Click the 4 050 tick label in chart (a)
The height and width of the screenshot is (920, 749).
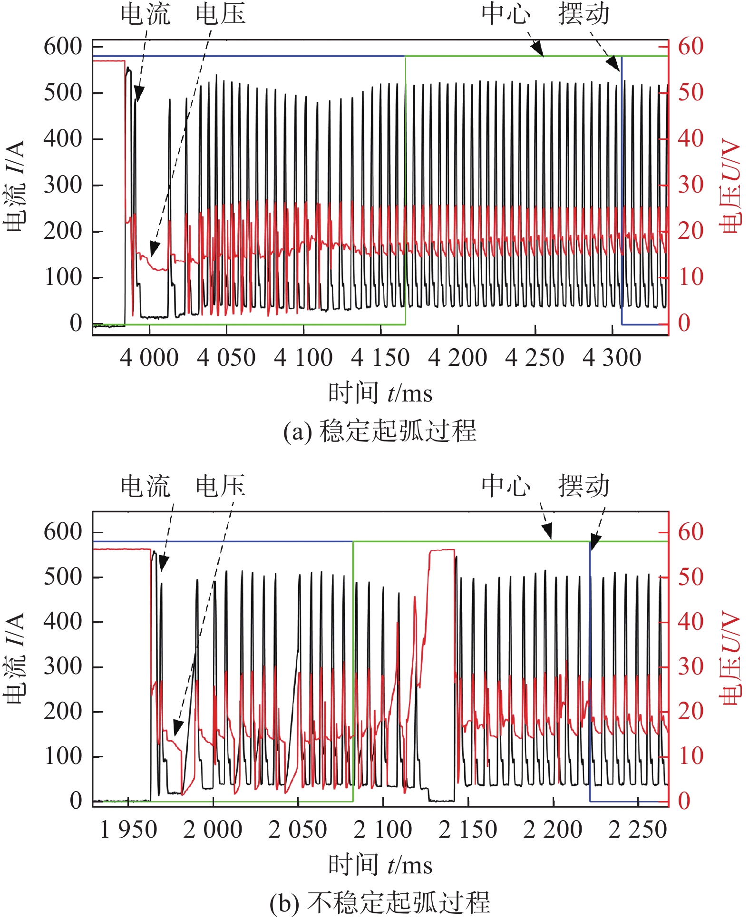[226, 358]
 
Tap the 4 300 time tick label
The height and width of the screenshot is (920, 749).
[612, 358]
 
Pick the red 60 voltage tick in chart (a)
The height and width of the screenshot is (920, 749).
[691, 47]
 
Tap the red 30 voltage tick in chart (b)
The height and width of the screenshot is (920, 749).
[691, 666]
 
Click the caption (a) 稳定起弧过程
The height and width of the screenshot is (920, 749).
[380, 431]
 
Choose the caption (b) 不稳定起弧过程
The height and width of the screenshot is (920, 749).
[380, 902]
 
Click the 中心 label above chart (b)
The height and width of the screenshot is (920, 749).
[506, 486]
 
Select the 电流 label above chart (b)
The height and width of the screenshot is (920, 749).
[146, 486]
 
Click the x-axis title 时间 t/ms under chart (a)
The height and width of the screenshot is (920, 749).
[380, 393]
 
